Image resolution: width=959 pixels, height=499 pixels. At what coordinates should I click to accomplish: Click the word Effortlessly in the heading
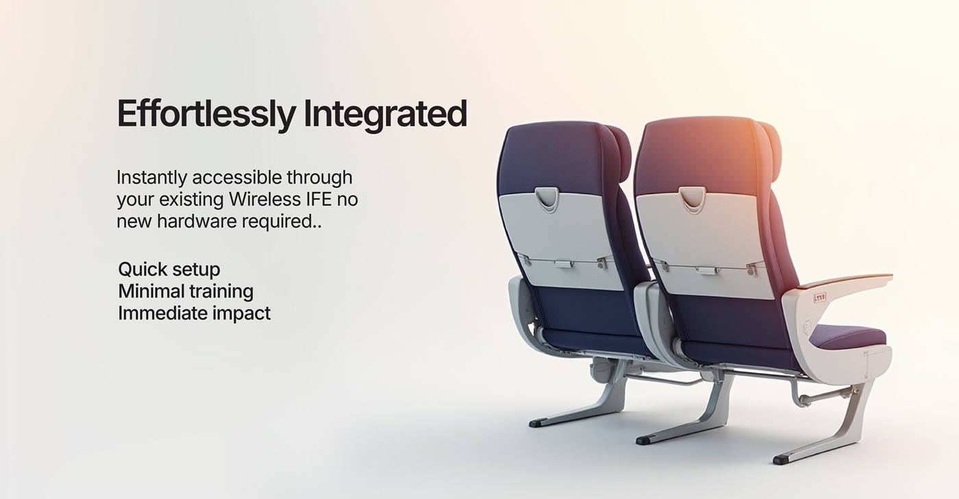(x=206, y=114)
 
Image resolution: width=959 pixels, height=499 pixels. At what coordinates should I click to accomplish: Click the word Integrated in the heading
(x=385, y=114)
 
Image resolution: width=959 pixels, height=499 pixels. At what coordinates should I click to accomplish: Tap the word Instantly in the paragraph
(x=151, y=178)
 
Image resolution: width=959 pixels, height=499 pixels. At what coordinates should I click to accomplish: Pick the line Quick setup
(x=169, y=270)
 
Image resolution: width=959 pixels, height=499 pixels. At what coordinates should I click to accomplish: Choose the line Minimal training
(x=186, y=291)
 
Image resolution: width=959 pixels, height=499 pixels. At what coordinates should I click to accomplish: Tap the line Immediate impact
(x=195, y=313)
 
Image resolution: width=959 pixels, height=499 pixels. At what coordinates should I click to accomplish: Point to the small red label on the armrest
(x=820, y=297)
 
